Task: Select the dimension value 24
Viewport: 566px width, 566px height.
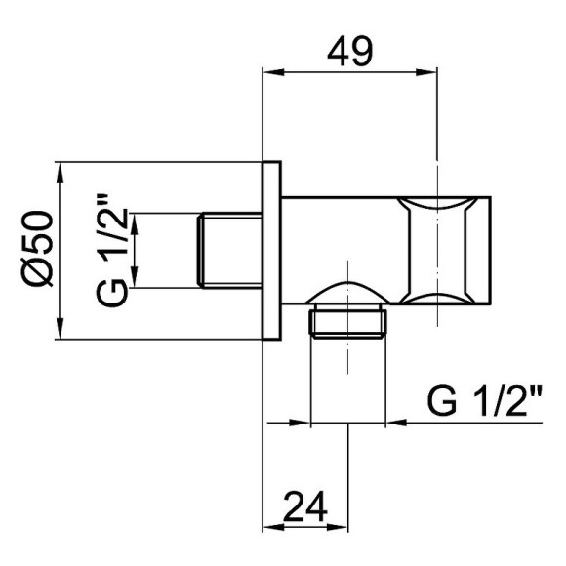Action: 306,510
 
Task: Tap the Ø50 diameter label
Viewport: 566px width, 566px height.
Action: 39,250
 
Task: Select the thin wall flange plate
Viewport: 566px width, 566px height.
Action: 274,251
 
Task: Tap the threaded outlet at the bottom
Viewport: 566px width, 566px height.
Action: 348,324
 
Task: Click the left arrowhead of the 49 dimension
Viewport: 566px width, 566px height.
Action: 274,71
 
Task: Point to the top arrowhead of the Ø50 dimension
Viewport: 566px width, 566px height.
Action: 61,170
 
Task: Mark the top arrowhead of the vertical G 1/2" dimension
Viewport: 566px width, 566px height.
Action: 136,221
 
